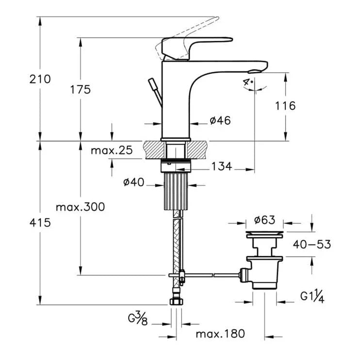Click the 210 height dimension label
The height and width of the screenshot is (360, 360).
[x=40, y=79]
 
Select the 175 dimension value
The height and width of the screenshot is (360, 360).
[x=80, y=89]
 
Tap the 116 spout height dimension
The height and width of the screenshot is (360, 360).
[x=285, y=106]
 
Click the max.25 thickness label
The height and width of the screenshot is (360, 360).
[x=112, y=150]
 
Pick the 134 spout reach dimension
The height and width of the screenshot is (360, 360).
[x=222, y=167]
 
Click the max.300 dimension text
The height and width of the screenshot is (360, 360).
[x=80, y=207]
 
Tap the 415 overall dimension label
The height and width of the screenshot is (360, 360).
[x=40, y=223]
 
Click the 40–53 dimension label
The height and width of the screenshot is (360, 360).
[x=311, y=245]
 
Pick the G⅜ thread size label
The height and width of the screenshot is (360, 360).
[x=138, y=319]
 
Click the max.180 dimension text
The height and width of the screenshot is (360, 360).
[x=220, y=334]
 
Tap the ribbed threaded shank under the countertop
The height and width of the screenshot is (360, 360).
[x=177, y=192]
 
